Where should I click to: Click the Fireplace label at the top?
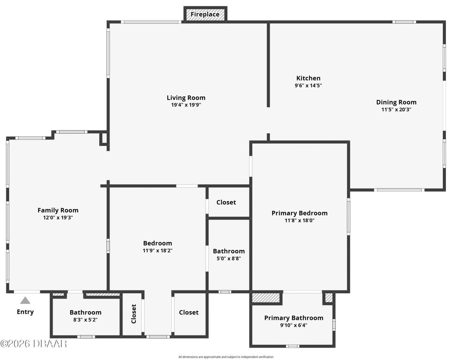coord(205,14)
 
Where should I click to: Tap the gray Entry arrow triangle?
coord(25,301)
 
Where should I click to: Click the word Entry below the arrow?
coord(25,312)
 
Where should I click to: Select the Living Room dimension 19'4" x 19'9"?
coord(186,105)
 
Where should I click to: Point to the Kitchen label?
coord(308,78)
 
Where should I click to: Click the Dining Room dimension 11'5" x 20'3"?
coord(396,110)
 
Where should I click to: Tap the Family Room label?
coord(58,210)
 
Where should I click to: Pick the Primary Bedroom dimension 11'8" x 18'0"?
coord(299,220)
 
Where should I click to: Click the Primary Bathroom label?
coord(294,318)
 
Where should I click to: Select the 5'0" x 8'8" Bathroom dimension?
coord(229,258)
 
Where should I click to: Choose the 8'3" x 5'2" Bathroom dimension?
coord(85,320)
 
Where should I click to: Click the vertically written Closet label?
coord(134,313)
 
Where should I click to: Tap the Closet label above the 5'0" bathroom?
coord(226,202)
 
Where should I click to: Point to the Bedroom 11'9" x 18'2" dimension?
coord(157,250)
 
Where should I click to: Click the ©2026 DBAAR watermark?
coord(34,343)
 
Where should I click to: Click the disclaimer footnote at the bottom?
coord(226,357)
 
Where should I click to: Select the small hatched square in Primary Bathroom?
coord(329,298)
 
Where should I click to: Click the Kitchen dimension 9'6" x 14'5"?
coord(308,85)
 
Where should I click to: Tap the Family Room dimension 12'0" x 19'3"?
coord(58,218)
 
